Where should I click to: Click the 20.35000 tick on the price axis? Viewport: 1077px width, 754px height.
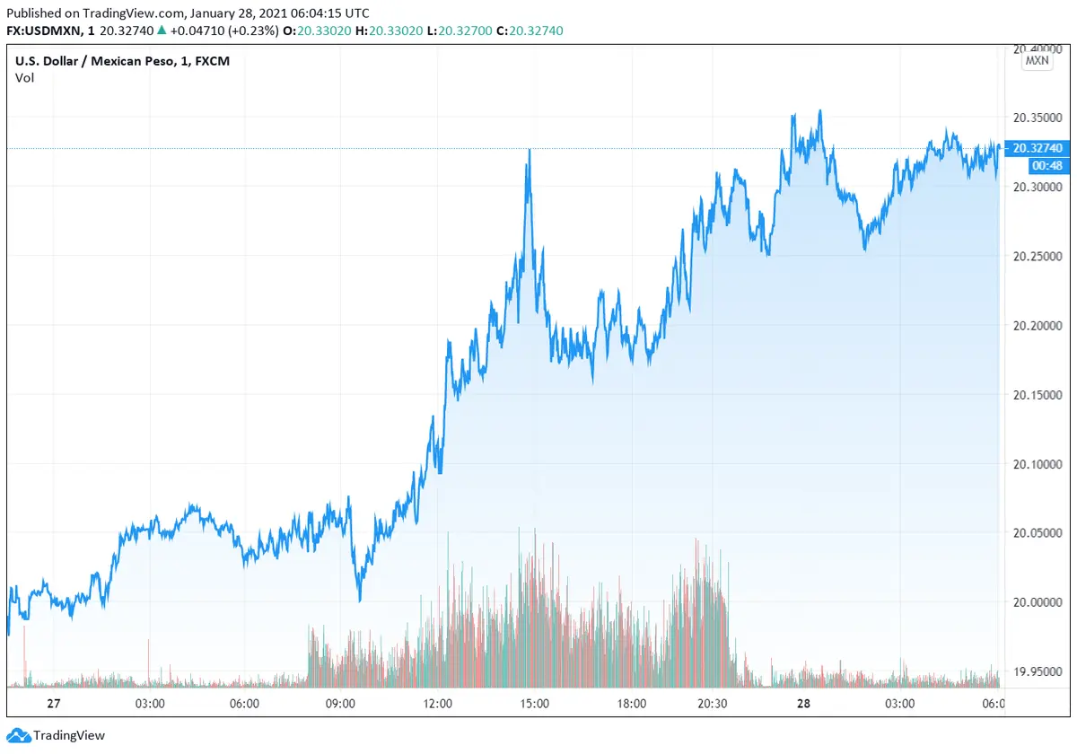(x=1038, y=118)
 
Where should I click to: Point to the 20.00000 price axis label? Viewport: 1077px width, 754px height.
(x=1038, y=602)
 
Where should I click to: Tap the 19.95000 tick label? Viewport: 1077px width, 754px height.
(x=1038, y=671)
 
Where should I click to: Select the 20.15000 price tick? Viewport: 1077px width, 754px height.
(x=1038, y=395)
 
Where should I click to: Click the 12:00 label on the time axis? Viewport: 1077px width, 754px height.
(x=438, y=704)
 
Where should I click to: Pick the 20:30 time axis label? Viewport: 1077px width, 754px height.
(x=712, y=704)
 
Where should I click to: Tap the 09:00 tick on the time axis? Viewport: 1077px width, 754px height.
(x=341, y=704)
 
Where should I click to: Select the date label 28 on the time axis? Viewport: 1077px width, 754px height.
(x=803, y=704)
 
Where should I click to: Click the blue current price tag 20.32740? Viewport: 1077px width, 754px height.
(x=1038, y=148)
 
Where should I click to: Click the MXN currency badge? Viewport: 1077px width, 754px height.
(x=1037, y=61)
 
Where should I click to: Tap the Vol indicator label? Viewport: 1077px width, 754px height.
(x=24, y=78)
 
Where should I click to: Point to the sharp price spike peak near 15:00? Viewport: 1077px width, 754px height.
(x=530, y=151)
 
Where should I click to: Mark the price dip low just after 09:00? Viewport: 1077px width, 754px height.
(x=360, y=600)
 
